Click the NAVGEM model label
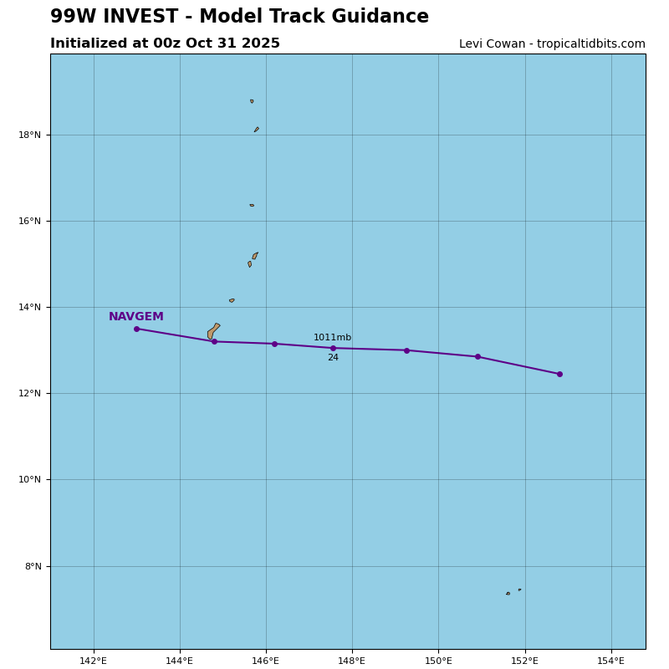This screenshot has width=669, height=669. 136,317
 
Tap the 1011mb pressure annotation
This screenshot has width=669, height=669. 332,338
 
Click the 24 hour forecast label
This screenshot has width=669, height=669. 333,358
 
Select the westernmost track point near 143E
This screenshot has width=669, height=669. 136,329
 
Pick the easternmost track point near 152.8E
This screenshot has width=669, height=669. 559,374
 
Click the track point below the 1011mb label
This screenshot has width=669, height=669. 333,348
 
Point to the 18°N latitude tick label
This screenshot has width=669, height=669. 30,135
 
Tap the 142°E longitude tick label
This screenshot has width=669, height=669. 94,661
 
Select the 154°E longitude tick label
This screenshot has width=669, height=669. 611,661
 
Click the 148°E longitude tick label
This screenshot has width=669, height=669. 352,661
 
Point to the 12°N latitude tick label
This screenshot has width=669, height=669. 30,393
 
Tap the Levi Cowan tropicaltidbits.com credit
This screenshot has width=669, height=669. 552,44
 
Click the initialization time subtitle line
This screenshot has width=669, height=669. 165,43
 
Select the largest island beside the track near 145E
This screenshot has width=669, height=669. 213,331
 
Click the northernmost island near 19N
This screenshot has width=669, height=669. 252,101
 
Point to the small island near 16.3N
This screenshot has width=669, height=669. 252,205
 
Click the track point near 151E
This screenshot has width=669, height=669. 477,356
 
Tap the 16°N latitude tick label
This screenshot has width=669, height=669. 30,221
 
